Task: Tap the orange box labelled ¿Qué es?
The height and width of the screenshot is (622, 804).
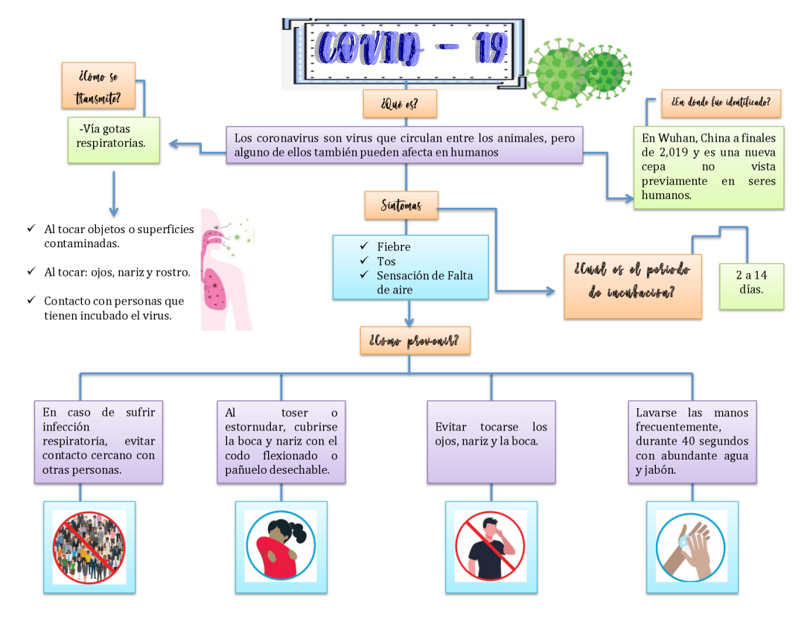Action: [x=399, y=104]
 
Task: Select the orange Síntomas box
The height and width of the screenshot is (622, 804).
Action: [x=401, y=206]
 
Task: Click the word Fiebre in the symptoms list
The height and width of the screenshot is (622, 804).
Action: [x=394, y=247]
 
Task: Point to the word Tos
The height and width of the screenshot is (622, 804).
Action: [x=386, y=261]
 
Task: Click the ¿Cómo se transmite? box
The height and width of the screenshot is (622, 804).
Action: [x=99, y=86]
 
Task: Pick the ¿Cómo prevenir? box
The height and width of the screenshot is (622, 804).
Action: [x=414, y=341]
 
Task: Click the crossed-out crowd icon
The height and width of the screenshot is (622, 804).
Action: [x=89, y=547]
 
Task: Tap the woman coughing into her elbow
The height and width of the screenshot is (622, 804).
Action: [x=281, y=547]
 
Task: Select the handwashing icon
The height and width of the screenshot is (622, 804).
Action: [x=692, y=547]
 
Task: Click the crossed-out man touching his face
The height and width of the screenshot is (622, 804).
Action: [x=491, y=547]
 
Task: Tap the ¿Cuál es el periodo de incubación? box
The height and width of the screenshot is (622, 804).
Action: [x=632, y=281]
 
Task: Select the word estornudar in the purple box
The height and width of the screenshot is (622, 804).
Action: [x=254, y=427]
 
